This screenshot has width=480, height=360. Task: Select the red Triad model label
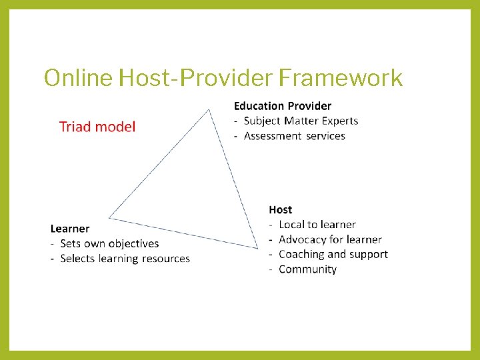(x=97, y=127)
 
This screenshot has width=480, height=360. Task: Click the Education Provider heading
(x=283, y=106)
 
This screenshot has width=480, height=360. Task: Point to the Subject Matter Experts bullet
(x=301, y=121)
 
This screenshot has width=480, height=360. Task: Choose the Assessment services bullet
(x=294, y=136)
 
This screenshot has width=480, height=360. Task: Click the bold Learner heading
(x=70, y=229)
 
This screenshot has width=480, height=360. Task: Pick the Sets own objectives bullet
(x=109, y=243)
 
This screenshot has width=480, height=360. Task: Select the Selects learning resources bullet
(x=125, y=259)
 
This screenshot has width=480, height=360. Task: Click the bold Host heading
(x=281, y=210)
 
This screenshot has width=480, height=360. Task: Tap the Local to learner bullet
(x=317, y=225)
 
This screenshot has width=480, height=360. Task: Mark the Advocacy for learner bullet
(x=330, y=239)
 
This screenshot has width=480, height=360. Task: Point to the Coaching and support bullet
(x=333, y=254)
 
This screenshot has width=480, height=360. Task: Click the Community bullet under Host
(x=307, y=269)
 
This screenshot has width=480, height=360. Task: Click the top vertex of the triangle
(x=210, y=109)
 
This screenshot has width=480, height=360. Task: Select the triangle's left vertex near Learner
(x=109, y=217)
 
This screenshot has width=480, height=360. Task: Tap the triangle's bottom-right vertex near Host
(x=258, y=248)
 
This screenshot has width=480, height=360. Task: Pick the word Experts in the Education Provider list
(x=341, y=121)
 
